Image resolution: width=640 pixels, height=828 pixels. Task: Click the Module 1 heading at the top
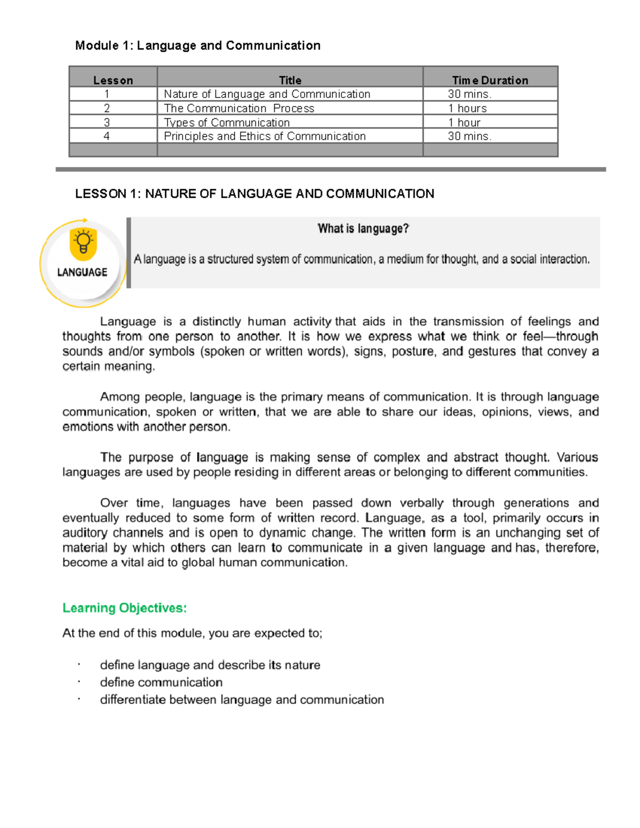197,45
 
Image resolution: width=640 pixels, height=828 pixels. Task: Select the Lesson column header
113,80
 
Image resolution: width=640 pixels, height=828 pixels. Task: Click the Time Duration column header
490,80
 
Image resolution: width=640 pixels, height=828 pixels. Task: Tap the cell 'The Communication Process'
239,108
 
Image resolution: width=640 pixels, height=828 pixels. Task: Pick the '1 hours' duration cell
467,108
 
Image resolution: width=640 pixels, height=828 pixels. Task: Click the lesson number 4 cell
107,136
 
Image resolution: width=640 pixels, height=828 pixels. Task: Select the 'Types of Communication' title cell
227,122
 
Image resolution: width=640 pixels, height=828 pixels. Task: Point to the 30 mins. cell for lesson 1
469,94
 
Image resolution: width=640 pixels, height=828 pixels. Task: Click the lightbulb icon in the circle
83,244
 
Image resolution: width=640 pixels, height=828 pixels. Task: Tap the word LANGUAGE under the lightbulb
82,272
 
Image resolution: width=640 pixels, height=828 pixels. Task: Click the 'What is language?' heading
363,229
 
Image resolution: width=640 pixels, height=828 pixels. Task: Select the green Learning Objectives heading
124,608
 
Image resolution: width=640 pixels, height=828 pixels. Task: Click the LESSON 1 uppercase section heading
254,194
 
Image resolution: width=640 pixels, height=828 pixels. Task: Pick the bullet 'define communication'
161,682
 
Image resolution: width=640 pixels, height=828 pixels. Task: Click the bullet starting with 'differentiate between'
242,700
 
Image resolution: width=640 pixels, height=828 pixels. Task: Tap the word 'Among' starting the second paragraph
118,397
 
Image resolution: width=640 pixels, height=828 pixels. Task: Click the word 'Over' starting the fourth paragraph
114,503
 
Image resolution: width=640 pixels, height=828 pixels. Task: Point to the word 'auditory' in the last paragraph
85,533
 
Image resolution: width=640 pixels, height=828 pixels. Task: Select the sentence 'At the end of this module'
192,633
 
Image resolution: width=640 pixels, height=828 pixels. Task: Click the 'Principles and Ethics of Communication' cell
265,136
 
